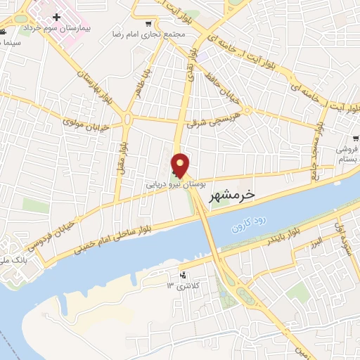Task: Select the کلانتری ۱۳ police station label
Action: click(179, 285)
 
